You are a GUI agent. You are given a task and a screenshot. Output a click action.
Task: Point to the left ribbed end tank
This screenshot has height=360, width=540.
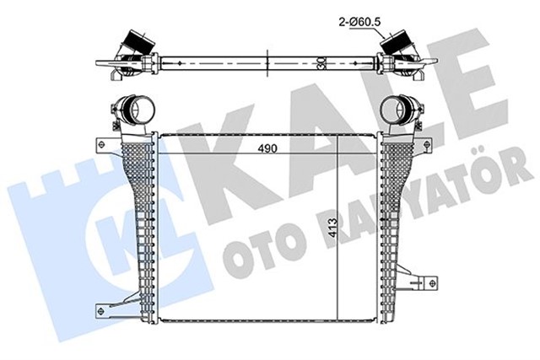coord(135,228)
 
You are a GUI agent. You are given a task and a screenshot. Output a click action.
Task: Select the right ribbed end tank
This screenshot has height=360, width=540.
coord(398,228)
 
